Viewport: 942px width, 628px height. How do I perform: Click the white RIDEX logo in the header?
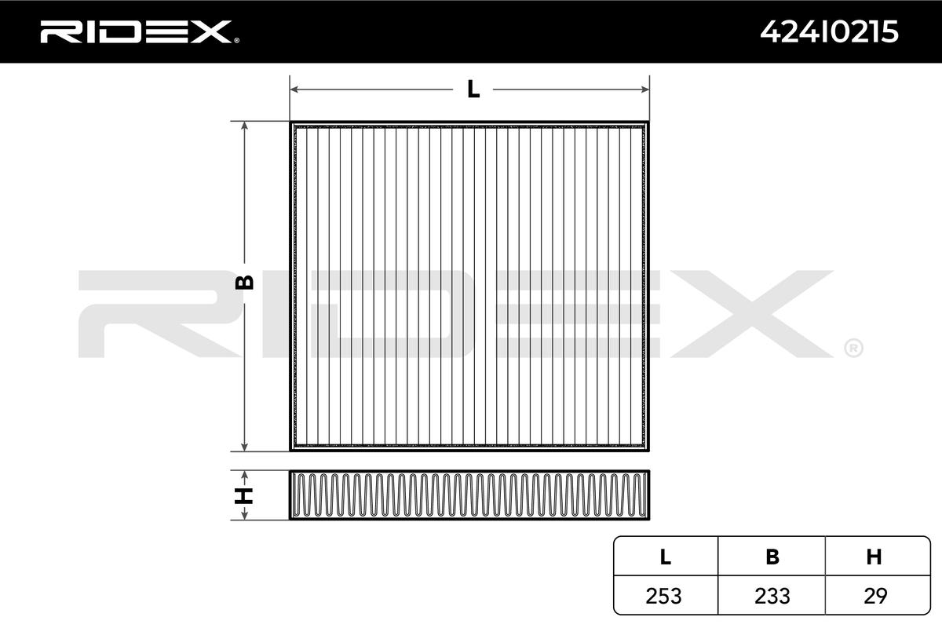click(x=136, y=32)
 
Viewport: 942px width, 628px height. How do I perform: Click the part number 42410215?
click(x=829, y=32)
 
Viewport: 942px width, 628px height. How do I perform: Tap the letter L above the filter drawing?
click(x=473, y=89)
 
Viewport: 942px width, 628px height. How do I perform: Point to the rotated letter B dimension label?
click(x=244, y=283)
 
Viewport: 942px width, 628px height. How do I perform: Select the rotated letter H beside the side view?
click(x=243, y=495)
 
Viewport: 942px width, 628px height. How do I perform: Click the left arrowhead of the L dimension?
click(x=294, y=89)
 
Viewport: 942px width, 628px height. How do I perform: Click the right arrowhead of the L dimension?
click(x=644, y=89)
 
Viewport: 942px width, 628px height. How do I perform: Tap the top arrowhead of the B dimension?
click(x=244, y=126)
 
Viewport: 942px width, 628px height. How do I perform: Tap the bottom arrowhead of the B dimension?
click(x=244, y=447)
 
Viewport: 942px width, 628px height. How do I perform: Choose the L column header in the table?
click(x=666, y=557)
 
